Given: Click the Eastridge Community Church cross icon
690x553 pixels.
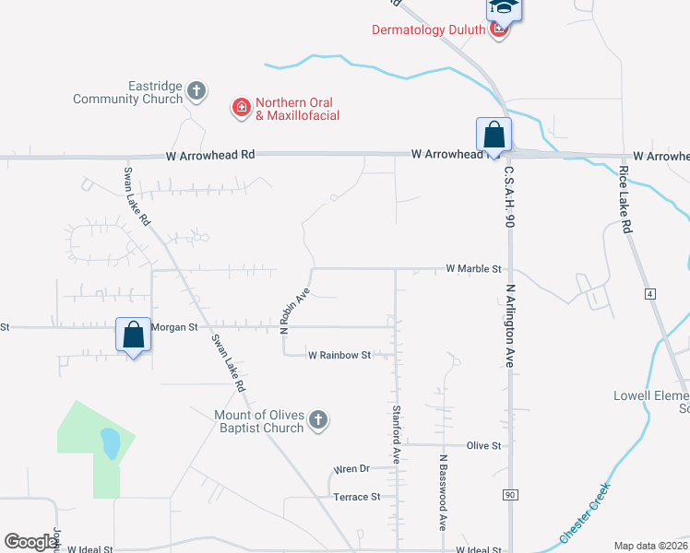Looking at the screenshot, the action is coord(196,90).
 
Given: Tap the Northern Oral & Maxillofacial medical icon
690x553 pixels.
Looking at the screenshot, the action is coord(242,109).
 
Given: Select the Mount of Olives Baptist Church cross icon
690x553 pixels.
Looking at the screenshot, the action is coord(317,420).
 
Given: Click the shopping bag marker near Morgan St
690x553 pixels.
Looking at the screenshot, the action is coord(134,335).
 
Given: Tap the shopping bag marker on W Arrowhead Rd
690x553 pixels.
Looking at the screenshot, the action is coord(494,135).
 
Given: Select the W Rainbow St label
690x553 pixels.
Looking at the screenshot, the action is coord(339,355).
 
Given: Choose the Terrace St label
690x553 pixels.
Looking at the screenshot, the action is coord(356,497).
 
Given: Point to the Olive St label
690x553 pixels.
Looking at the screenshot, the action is coord(483,445).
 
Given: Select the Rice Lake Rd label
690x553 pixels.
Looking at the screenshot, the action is coord(626,200).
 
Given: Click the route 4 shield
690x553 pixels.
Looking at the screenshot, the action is coord(649,293).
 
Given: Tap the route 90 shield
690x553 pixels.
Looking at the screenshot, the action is coord(509,495).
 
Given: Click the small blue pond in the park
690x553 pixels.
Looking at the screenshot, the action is coord(111,443).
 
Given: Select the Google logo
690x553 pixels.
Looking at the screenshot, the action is coord(30,542).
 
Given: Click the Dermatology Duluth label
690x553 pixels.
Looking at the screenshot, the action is coord(428,29).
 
